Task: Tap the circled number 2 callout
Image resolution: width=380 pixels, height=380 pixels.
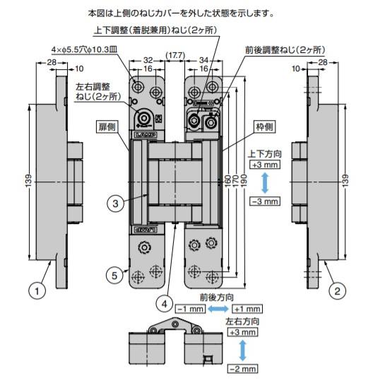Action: (338, 289)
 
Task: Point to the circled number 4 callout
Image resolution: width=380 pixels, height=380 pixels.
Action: (164, 304)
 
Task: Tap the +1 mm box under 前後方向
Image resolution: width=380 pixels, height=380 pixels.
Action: (247, 309)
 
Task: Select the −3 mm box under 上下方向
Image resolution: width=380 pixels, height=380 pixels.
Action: (264, 201)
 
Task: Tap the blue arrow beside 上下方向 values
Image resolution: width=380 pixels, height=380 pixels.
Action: (264, 183)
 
